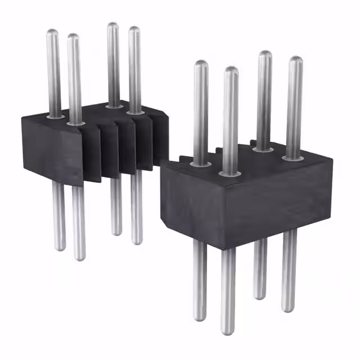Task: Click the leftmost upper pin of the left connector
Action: tap(53, 73)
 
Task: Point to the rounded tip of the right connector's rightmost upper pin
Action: tap(296, 60)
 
